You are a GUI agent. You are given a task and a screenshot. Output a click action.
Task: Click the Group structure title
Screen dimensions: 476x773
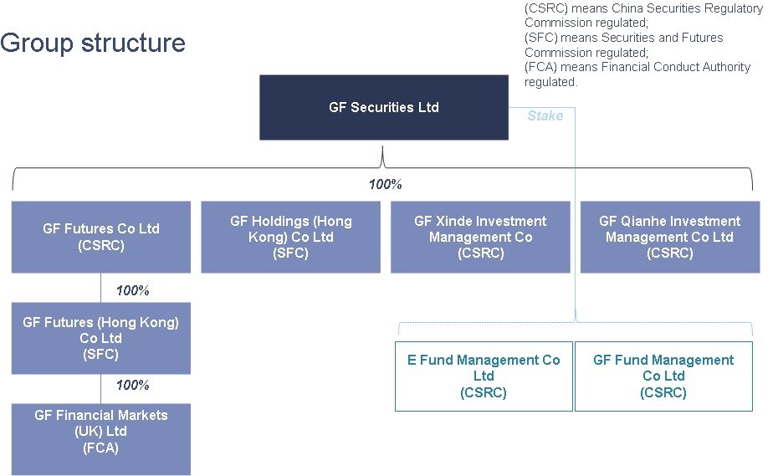pos(93,43)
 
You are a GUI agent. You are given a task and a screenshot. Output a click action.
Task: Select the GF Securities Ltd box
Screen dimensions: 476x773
pos(383,107)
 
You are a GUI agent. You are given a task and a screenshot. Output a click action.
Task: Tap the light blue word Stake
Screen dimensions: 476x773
pos(545,115)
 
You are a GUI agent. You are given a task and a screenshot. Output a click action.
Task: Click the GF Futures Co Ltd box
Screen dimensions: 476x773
pos(100,237)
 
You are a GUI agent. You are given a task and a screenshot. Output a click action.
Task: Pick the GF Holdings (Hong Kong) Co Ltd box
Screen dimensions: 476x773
pos(290,237)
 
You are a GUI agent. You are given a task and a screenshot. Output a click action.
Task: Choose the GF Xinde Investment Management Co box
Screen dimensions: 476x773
pos(480,237)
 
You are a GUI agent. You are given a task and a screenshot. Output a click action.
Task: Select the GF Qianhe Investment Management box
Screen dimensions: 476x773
pos(669,237)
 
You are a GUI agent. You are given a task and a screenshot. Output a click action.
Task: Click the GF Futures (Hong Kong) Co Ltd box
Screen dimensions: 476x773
pos(100,338)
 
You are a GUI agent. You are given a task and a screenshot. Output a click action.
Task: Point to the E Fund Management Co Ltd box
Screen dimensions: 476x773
pos(484,376)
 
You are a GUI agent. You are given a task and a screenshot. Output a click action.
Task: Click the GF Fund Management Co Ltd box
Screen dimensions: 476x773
pos(663,376)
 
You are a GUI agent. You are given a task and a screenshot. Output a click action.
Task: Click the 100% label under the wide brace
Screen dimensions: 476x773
pos(385,184)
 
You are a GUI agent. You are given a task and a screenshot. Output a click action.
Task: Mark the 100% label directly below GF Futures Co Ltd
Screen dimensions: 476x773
pos(132,290)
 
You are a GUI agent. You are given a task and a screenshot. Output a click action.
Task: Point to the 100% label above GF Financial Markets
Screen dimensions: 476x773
pos(132,385)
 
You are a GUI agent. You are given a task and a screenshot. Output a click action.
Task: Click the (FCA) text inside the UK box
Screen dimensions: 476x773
pos(100,448)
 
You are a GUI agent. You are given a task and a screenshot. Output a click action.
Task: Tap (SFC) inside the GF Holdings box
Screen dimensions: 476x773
pos(290,253)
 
